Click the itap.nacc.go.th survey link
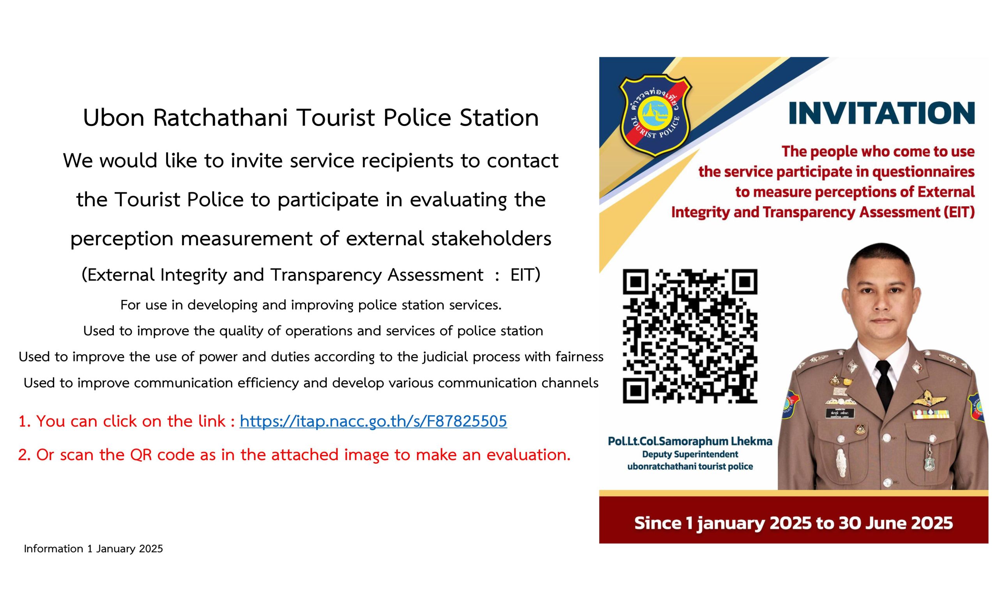tap(373, 421)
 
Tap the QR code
tap(690, 336)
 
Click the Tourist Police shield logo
tap(655, 115)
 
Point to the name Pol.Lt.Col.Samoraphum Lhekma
tap(690, 441)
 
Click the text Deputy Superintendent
tap(690, 455)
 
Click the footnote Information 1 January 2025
tap(93, 549)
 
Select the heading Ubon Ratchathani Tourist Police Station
tap(311, 117)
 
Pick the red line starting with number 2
tap(294, 455)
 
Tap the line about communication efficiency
tap(311, 383)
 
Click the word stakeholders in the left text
tap(491, 238)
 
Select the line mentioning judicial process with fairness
tap(311, 357)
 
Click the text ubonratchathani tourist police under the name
tap(690, 467)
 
